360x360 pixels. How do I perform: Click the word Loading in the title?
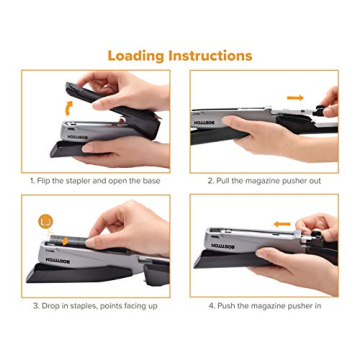pyautogui.click(x=135, y=55)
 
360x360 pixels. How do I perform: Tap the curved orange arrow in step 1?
pyautogui.click(x=68, y=105)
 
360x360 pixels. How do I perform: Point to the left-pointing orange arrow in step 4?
pyautogui.click(x=282, y=224)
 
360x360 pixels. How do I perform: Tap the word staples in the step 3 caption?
pyautogui.click(x=78, y=305)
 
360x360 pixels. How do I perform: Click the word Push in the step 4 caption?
pyautogui.click(x=222, y=305)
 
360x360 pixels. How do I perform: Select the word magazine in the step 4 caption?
pyautogui.click(x=263, y=305)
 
